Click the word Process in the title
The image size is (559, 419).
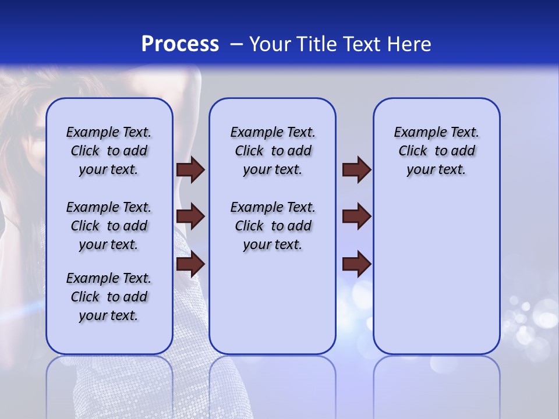(x=180, y=44)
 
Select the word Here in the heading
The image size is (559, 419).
(x=410, y=44)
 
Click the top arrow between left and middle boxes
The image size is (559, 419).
(x=190, y=170)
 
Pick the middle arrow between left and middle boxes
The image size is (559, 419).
(x=190, y=217)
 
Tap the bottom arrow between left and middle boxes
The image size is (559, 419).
(x=190, y=264)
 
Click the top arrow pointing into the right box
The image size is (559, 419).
(x=356, y=170)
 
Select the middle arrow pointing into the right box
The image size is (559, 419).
(x=356, y=217)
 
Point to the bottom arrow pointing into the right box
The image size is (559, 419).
(x=356, y=264)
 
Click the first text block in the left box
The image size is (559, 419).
(x=109, y=151)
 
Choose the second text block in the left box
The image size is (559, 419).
(x=109, y=226)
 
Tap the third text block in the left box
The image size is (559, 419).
(x=109, y=297)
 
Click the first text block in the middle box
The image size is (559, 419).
(x=273, y=151)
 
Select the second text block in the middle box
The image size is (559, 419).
(x=273, y=226)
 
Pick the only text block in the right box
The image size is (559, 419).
(x=437, y=151)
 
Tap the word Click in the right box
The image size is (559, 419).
(x=413, y=151)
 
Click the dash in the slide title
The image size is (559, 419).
(x=236, y=44)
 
